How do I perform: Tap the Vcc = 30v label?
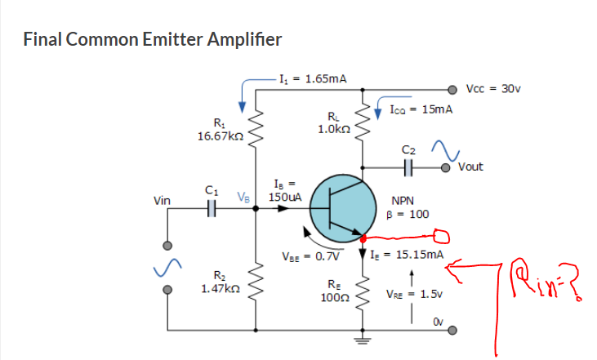coord(493,89)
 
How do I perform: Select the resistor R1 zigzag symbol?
coord(256,129)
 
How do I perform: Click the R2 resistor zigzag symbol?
coord(256,281)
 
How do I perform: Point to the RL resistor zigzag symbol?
coord(363,121)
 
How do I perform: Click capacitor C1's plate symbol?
coord(212,208)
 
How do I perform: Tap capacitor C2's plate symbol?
coord(408,167)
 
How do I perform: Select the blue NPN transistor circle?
coord(343,208)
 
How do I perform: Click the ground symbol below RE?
coord(363,340)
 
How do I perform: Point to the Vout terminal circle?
coord(445,167)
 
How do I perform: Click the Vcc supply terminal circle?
coord(452,90)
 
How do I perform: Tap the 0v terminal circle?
coord(452,331)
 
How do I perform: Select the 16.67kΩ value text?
coord(221,136)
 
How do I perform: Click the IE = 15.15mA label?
coord(407,255)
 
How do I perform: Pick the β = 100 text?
coord(408,214)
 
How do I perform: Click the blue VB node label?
coord(243,197)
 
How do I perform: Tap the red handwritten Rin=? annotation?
coord(546,280)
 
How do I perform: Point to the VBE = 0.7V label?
coord(310,256)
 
